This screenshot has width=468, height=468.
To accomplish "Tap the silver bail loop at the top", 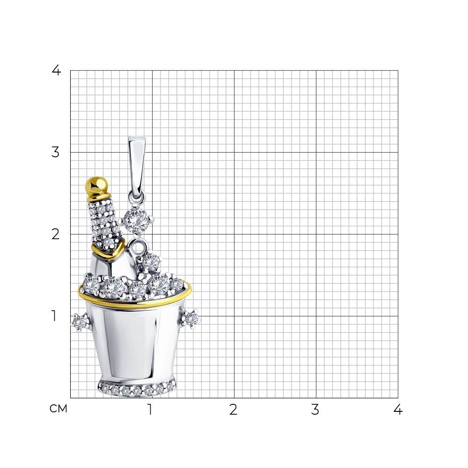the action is click(137, 167).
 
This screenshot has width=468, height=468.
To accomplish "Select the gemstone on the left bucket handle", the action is click(80, 322).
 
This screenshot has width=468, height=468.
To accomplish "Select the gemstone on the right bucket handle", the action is click(191, 319).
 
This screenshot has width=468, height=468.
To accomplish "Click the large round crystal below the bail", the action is click(136, 221).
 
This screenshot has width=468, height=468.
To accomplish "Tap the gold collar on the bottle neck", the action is click(108, 250).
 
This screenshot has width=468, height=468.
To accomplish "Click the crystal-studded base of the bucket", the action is click(137, 388).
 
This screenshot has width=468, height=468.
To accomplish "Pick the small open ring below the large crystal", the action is click(138, 248).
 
